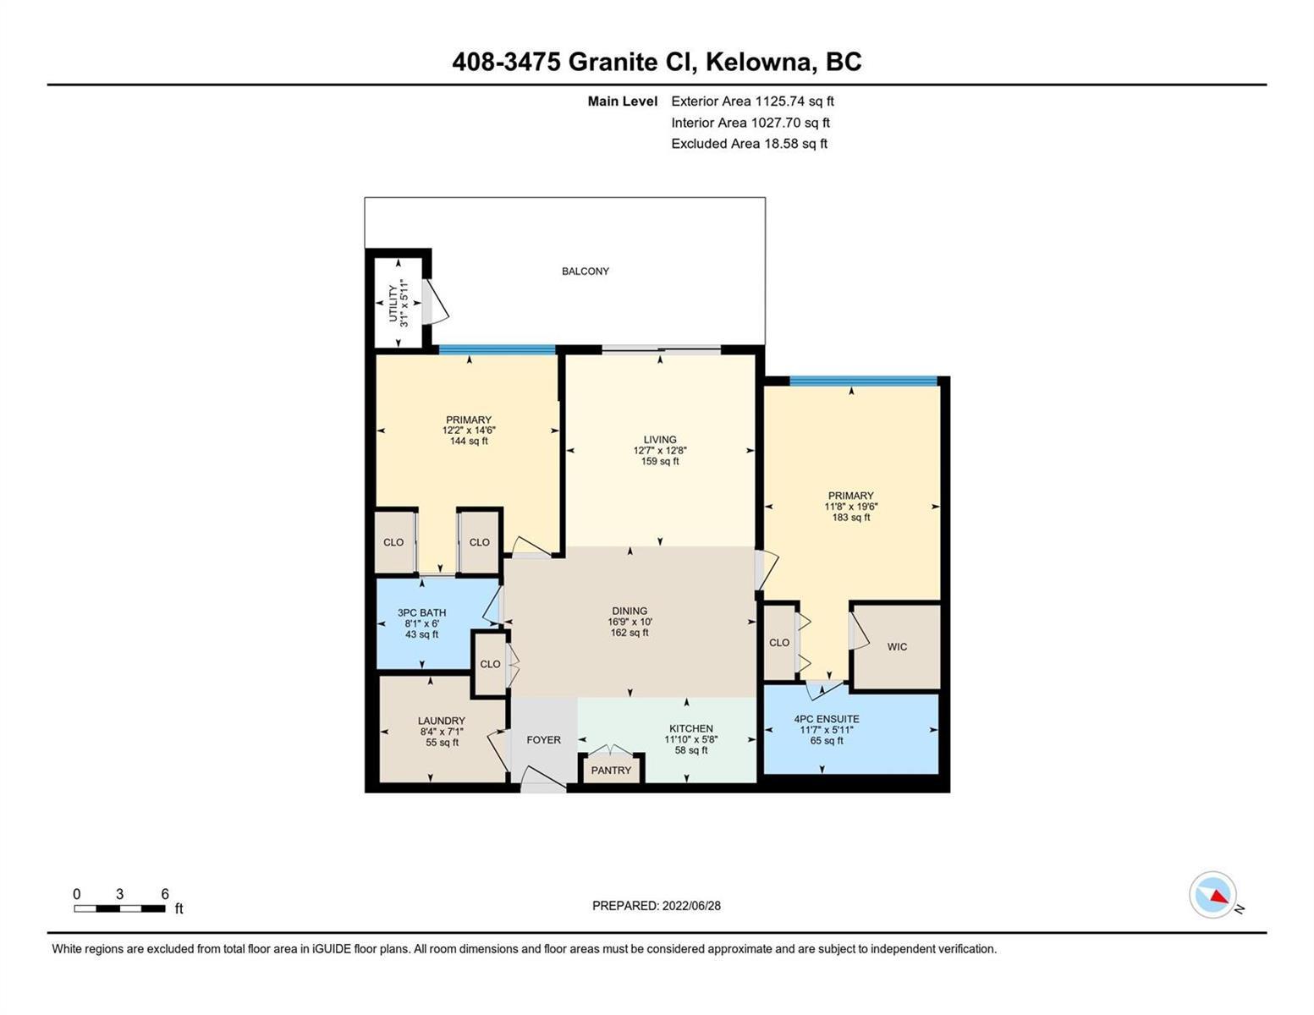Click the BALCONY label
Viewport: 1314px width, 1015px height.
585,272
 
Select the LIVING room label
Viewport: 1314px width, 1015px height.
660,440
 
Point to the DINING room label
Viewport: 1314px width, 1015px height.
630,612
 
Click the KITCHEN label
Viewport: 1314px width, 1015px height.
690,728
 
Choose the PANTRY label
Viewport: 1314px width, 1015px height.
611,771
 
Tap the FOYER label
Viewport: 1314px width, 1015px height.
543,740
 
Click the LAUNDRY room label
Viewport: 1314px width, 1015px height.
442,721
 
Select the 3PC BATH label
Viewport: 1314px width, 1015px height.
421,612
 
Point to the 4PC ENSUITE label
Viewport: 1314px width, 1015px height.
826,719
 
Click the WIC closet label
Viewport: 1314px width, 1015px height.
897,647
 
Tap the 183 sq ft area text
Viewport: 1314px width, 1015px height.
851,518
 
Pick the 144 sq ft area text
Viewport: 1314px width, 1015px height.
469,442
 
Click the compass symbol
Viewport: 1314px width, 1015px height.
1212,895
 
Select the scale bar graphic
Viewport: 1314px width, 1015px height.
119,908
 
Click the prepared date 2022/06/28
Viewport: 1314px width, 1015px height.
691,906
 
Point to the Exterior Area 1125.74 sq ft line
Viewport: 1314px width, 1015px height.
752,101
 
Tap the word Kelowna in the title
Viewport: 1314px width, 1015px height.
758,63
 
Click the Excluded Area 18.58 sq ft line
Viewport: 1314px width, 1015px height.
749,143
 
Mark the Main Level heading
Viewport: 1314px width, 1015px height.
622,101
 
